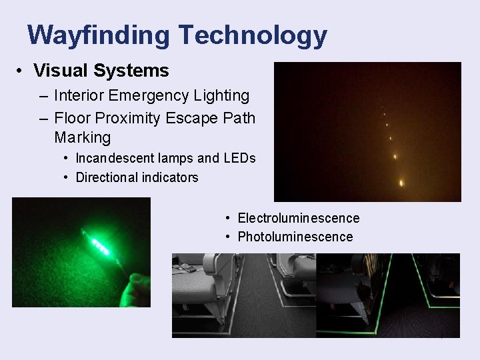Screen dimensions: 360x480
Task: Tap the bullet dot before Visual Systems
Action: point(22,71)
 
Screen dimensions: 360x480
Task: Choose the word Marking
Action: point(83,138)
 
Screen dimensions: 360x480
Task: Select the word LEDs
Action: point(239,159)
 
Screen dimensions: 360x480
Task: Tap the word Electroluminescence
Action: point(299,218)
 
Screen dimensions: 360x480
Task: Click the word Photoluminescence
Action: point(295,237)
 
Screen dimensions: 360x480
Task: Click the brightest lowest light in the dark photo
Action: point(401,182)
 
